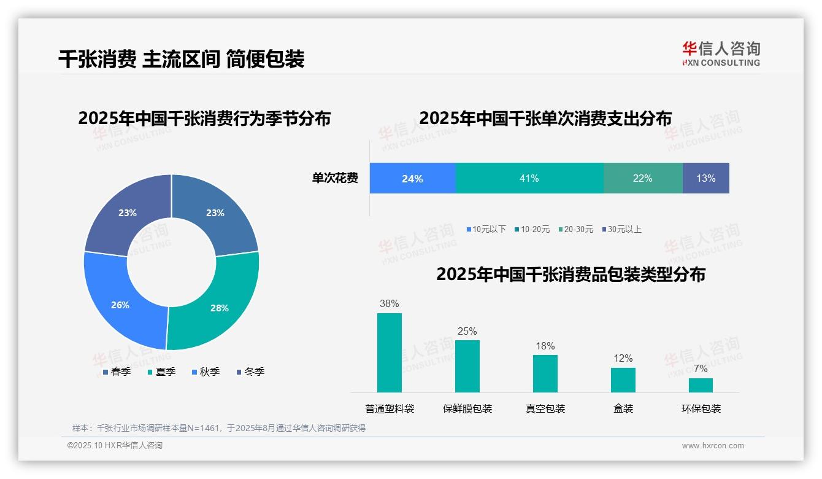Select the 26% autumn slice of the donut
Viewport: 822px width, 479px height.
pos(120,304)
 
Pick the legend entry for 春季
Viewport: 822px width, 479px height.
pos(117,372)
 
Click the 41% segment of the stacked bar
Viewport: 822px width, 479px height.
pos(529,178)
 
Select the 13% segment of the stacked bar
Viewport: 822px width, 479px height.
pos(705,178)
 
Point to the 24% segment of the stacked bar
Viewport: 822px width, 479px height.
pos(412,178)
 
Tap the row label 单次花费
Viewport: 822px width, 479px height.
pos(335,178)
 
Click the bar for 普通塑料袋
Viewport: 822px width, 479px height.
pos(390,352)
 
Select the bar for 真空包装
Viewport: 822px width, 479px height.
pos(545,373)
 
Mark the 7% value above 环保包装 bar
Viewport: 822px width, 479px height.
pos(701,368)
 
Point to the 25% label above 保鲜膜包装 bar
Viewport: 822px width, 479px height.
pos(467,331)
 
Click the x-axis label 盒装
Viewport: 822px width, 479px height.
pos(623,408)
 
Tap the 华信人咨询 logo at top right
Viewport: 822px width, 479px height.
pos(721,53)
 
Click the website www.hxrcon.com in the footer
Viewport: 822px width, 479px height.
pos(712,446)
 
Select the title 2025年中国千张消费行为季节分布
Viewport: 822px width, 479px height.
pos(204,118)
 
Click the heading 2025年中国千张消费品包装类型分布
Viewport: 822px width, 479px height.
pos(570,274)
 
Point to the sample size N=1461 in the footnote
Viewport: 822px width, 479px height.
pos(199,428)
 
